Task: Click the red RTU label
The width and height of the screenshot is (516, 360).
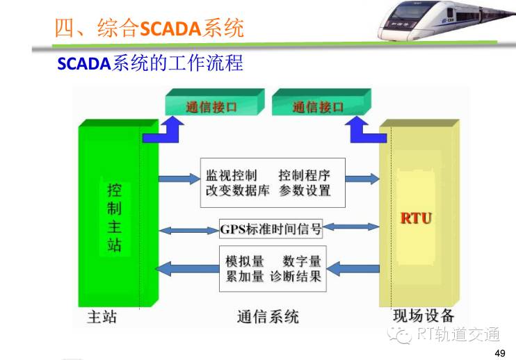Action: coord(416,218)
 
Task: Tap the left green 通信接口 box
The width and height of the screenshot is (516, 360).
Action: coord(215,102)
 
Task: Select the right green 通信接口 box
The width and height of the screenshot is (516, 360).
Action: coord(321,102)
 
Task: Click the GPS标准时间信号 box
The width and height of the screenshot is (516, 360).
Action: coord(271,229)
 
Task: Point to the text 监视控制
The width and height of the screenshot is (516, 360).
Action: coord(232,175)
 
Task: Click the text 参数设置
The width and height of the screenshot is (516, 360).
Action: coord(305,190)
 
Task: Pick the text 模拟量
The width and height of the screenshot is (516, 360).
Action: coord(245,261)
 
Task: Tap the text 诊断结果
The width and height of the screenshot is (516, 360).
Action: coord(295,276)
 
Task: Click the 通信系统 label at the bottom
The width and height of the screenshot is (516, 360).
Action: coord(268,317)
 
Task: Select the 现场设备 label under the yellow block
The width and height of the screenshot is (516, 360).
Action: coord(424,316)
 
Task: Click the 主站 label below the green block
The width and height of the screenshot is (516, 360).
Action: coord(102,317)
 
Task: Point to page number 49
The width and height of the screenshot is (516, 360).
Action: coord(500,353)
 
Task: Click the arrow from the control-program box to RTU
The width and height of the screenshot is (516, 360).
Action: coord(362,179)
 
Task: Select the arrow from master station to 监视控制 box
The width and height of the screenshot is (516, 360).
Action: coord(179,179)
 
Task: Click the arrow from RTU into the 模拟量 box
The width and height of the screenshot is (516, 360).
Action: coord(353,269)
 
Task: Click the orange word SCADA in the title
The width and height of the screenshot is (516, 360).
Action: coord(170,28)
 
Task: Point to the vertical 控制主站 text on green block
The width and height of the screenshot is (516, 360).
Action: coord(114,218)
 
